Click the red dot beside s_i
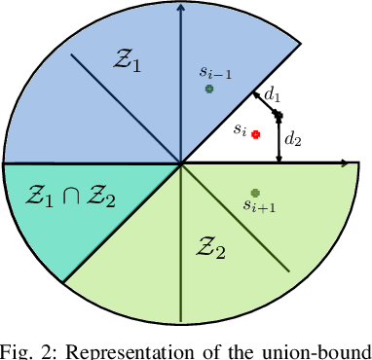255,134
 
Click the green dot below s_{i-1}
208,90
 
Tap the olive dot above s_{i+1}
255,193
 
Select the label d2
292,139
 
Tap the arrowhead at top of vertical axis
181,8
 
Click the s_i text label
238,128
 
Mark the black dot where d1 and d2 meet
278,116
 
